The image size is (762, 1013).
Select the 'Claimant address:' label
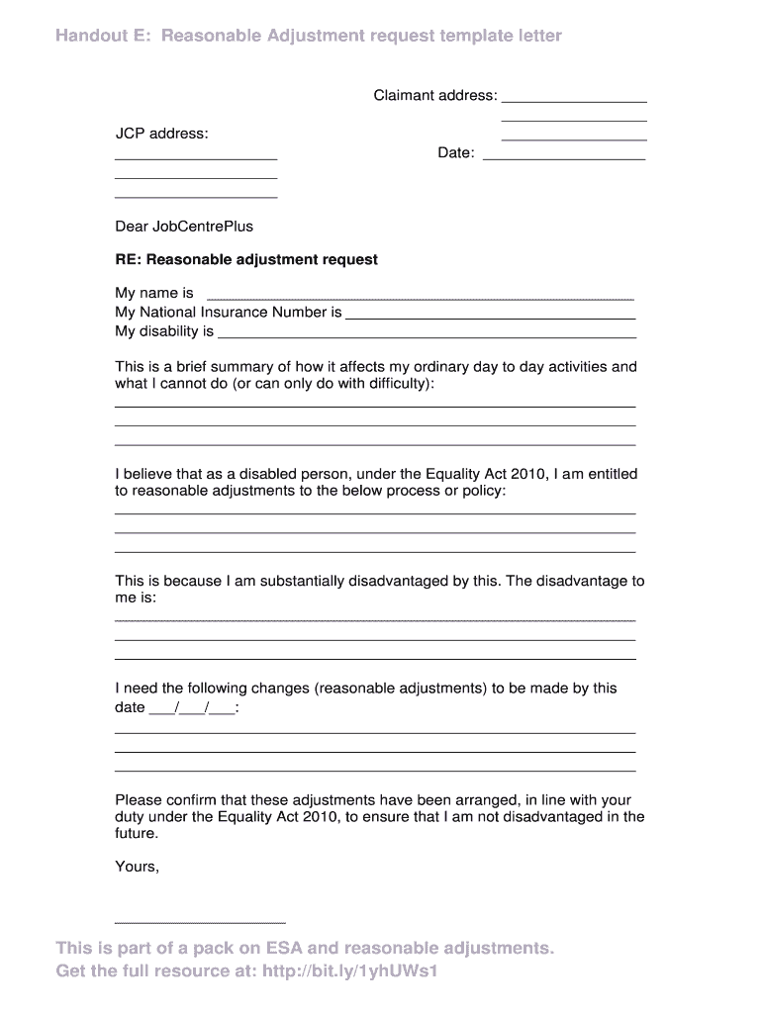pyautogui.click(x=434, y=96)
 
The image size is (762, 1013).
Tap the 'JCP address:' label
pyautogui.click(x=161, y=134)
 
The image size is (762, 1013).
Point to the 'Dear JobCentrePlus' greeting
pyautogui.click(x=184, y=227)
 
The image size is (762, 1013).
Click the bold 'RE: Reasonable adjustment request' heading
pyautogui.click(x=246, y=260)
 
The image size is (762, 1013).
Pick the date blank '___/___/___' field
pyautogui.click(x=192, y=709)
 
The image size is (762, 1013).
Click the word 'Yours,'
pyautogui.click(x=137, y=867)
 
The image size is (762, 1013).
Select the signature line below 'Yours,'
pyautogui.click(x=200, y=922)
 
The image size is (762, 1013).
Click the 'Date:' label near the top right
pyautogui.click(x=456, y=153)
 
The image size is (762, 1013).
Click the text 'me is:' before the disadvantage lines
pyautogui.click(x=136, y=599)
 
